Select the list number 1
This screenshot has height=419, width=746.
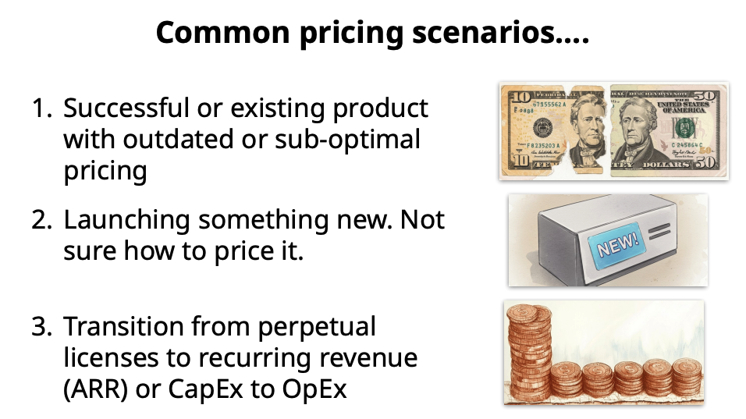point(41,108)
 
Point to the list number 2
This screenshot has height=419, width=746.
point(41,220)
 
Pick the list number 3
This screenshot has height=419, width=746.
point(41,326)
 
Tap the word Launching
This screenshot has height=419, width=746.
point(126,220)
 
